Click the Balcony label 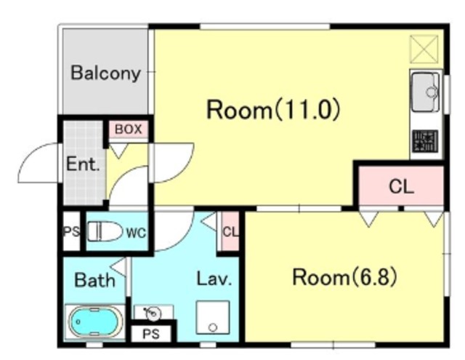[x=105, y=73]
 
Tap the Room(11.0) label [x=273, y=110]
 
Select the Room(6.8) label [x=344, y=277]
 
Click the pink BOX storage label [x=128, y=129]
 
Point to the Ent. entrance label [x=83, y=164]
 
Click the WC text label [x=136, y=233]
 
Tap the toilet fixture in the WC [x=105, y=231]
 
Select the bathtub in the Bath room [x=95, y=321]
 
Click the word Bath [x=94, y=280]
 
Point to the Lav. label [x=214, y=279]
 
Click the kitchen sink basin [x=426, y=92]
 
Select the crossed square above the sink [x=424, y=49]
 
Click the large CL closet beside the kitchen [x=401, y=185]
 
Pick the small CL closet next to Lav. [x=230, y=231]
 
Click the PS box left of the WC [x=71, y=231]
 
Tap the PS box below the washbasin [x=151, y=334]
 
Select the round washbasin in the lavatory [x=153, y=313]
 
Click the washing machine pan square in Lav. [x=213, y=317]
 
